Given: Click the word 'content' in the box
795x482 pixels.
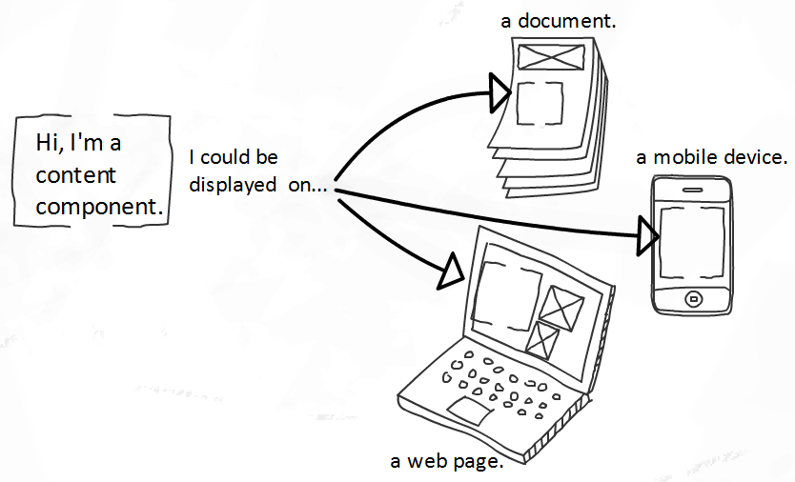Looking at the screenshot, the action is tap(76, 175).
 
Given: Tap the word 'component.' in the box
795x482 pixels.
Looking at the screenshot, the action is tap(100, 207).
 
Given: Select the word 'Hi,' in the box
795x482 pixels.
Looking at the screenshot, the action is tap(49, 143).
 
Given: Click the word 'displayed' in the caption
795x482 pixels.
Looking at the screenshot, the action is tap(233, 185).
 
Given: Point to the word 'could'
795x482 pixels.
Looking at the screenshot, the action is tap(227, 157).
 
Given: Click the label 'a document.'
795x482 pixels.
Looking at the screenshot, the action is tap(559, 21).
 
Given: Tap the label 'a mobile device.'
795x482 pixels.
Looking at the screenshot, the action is tap(712, 157).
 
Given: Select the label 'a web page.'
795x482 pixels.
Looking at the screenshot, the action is tap(447, 461).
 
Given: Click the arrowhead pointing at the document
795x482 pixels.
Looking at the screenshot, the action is tap(499, 92).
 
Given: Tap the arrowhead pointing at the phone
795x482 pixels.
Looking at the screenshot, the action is tap(648, 235).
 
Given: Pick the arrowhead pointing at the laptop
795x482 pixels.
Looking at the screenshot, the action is tap(452, 271).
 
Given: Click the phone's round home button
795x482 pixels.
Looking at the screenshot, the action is tap(693, 299).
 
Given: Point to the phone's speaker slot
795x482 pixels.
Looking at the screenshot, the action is tap(693, 191).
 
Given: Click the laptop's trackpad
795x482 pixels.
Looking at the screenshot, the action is tap(470, 411).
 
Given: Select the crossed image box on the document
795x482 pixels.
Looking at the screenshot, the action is tap(551, 57).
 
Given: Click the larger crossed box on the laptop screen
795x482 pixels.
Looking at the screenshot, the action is tap(560, 308).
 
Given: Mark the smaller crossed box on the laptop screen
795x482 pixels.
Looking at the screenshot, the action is tap(541, 341).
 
